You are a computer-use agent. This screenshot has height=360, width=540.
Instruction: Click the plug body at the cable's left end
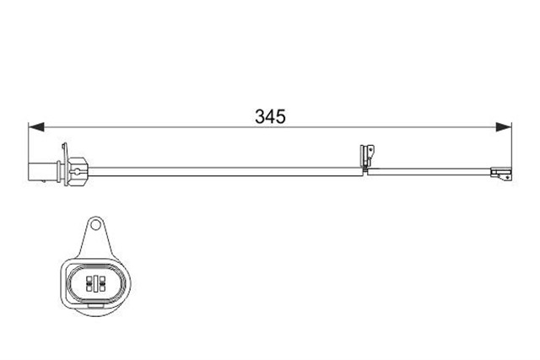click(x=40, y=169)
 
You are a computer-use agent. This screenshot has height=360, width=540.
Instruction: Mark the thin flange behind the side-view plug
click(x=62, y=168)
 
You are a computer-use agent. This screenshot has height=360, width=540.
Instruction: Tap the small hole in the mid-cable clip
click(x=366, y=153)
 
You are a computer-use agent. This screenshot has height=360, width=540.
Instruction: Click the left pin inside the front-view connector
click(x=87, y=282)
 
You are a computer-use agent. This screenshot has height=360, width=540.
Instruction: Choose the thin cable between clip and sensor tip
click(x=430, y=172)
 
